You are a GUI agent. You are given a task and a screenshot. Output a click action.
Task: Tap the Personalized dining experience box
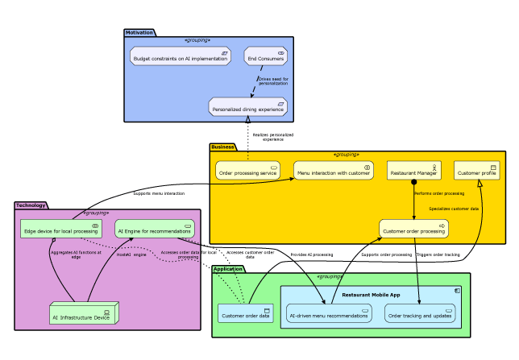[247, 107]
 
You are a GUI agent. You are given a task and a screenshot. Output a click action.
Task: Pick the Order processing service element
[247, 171]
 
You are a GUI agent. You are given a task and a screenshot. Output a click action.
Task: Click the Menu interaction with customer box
[334, 171]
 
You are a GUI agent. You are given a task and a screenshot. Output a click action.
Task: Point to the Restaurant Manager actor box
[413, 171]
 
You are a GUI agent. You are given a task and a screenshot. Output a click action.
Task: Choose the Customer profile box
[477, 171]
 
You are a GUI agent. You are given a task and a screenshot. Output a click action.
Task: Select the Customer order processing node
[413, 230]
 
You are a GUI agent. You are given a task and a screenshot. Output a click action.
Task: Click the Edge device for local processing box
[60, 230]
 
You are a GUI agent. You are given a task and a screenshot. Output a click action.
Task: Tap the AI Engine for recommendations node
[154, 230]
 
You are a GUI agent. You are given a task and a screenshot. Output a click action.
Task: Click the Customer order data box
[245, 314]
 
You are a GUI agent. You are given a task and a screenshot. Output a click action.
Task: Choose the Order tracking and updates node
[420, 314]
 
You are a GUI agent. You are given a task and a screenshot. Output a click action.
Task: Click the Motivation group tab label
[139, 32]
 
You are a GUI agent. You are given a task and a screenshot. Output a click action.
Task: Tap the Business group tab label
[223, 147]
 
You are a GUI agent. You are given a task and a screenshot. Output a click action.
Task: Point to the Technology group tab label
[31, 205]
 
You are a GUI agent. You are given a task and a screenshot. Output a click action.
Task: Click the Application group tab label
[228, 269]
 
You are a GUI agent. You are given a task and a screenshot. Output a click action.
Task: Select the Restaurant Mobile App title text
[371, 295]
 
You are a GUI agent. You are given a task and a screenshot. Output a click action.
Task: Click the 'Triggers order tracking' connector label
[438, 254]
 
